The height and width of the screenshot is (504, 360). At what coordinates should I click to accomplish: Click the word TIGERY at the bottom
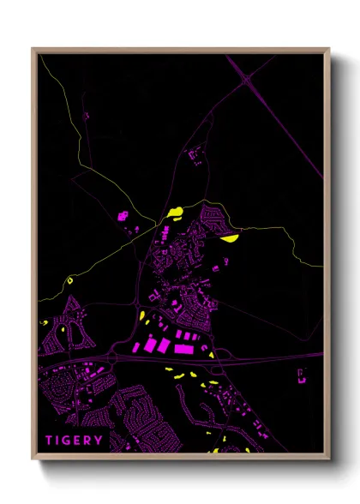point(75,441)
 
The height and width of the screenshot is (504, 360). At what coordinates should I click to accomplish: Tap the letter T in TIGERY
point(50,441)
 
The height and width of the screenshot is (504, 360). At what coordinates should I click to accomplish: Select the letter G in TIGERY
point(69,441)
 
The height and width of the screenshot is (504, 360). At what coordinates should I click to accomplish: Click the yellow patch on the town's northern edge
point(177,211)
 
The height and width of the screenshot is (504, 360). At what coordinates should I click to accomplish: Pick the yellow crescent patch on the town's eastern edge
point(230,238)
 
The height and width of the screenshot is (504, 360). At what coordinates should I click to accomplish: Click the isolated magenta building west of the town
point(122,215)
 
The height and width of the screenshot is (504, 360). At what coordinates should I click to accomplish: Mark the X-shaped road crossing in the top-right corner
point(247,79)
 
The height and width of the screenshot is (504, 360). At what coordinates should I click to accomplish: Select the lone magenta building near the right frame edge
point(302,374)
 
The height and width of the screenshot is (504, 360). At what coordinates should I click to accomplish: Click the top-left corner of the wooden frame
point(33,50)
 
